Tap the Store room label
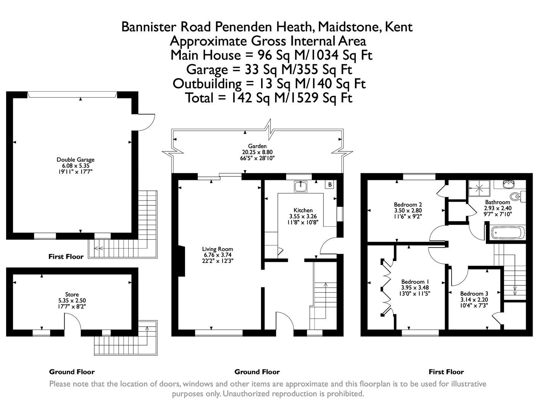(x=72, y=295)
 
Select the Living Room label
(x=217, y=249)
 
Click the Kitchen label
(x=303, y=210)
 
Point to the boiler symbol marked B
(x=330, y=185)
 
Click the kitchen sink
(x=300, y=186)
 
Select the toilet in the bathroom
(x=516, y=196)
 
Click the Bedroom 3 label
(x=474, y=293)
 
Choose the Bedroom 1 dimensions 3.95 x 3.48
(x=415, y=288)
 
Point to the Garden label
(x=257, y=146)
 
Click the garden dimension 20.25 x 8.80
(x=257, y=152)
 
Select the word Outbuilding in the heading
(x=207, y=84)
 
